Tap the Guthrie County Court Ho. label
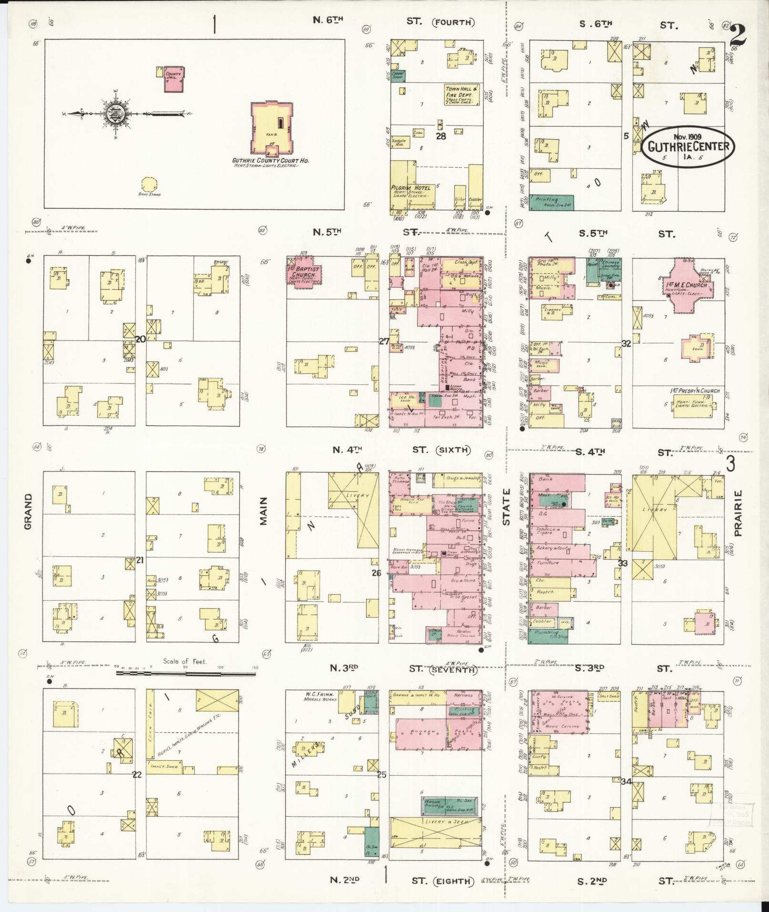click(270, 161)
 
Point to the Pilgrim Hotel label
click(410, 188)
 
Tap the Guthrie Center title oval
click(688, 146)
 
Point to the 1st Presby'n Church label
click(694, 391)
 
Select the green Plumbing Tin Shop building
click(548, 637)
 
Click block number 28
click(441, 136)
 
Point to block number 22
click(137, 775)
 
